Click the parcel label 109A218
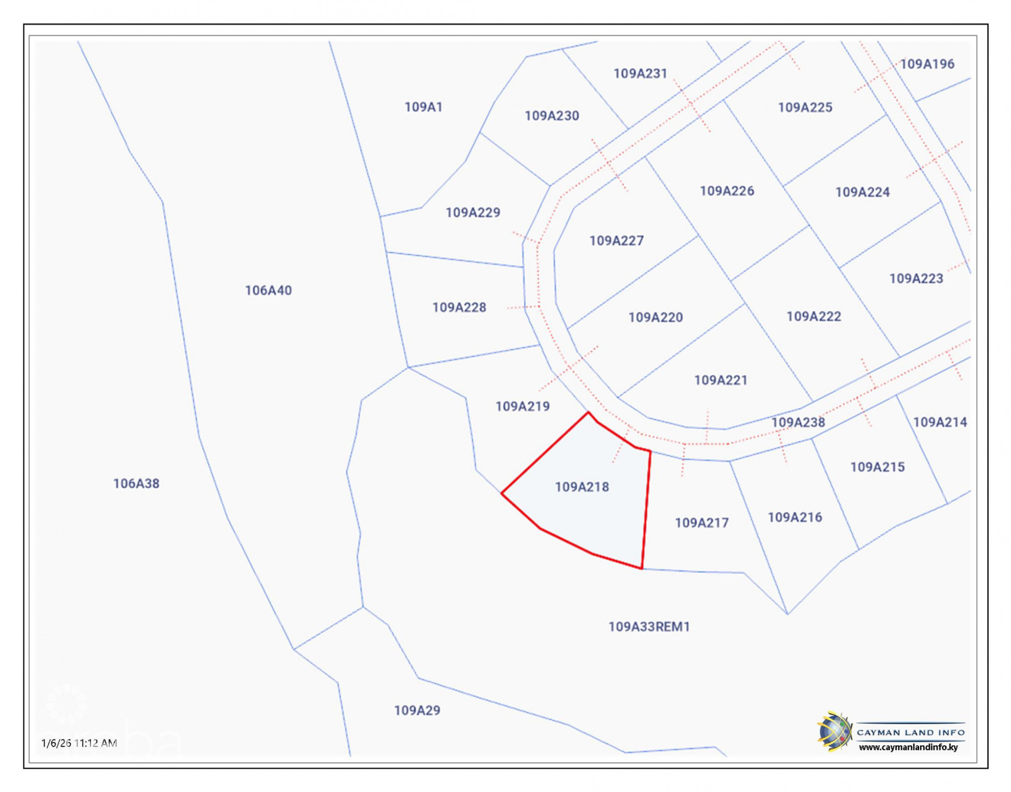[x=581, y=487]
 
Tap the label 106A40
[x=268, y=291]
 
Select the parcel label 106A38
[x=136, y=483]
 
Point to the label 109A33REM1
[x=648, y=627]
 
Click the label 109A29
[x=417, y=711]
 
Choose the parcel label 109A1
[x=423, y=107]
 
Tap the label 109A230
[x=551, y=116]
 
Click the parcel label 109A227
[x=616, y=241]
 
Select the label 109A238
[x=797, y=422]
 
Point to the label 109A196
[x=927, y=64]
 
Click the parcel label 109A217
[x=701, y=523]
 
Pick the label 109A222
[x=813, y=316]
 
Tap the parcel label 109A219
[x=522, y=406]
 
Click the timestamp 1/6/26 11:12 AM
[x=79, y=743]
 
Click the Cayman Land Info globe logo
[x=834, y=732]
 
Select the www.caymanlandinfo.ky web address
[x=908, y=747]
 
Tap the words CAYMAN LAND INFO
[x=910, y=733]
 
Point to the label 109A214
[x=939, y=422]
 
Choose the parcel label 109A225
[x=804, y=108]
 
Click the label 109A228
[x=459, y=307]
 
